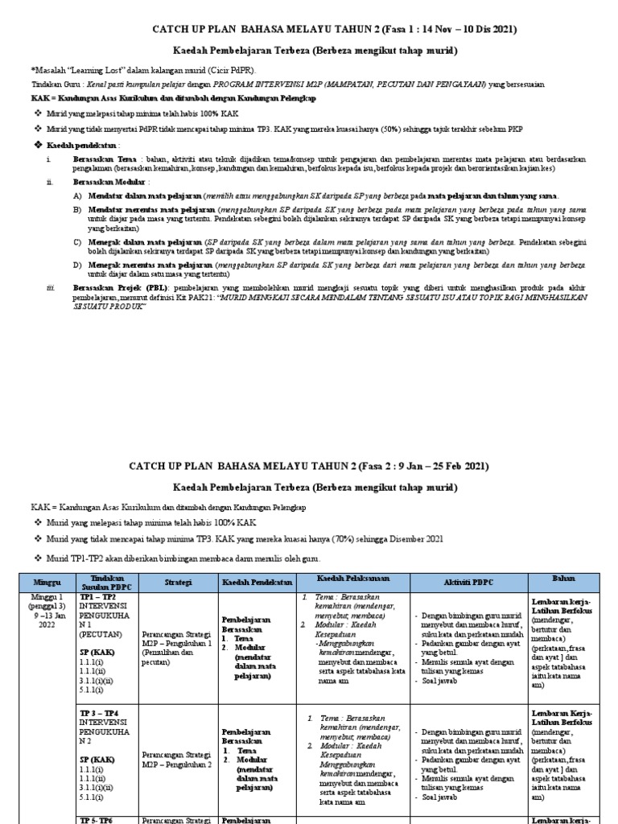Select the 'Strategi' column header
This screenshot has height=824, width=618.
pyautogui.click(x=177, y=581)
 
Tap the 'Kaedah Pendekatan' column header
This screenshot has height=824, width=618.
pyautogui.click(x=256, y=581)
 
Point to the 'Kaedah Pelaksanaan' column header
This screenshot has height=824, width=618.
pyautogui.click(x=352, y=580)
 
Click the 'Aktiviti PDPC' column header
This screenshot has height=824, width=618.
pyautogui.click(x=468, y=581)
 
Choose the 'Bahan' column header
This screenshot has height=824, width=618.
pyautogui.click(x=563, y=579)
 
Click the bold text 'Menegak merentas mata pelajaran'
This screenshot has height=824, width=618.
pyautogui.click(x=146, y=264)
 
